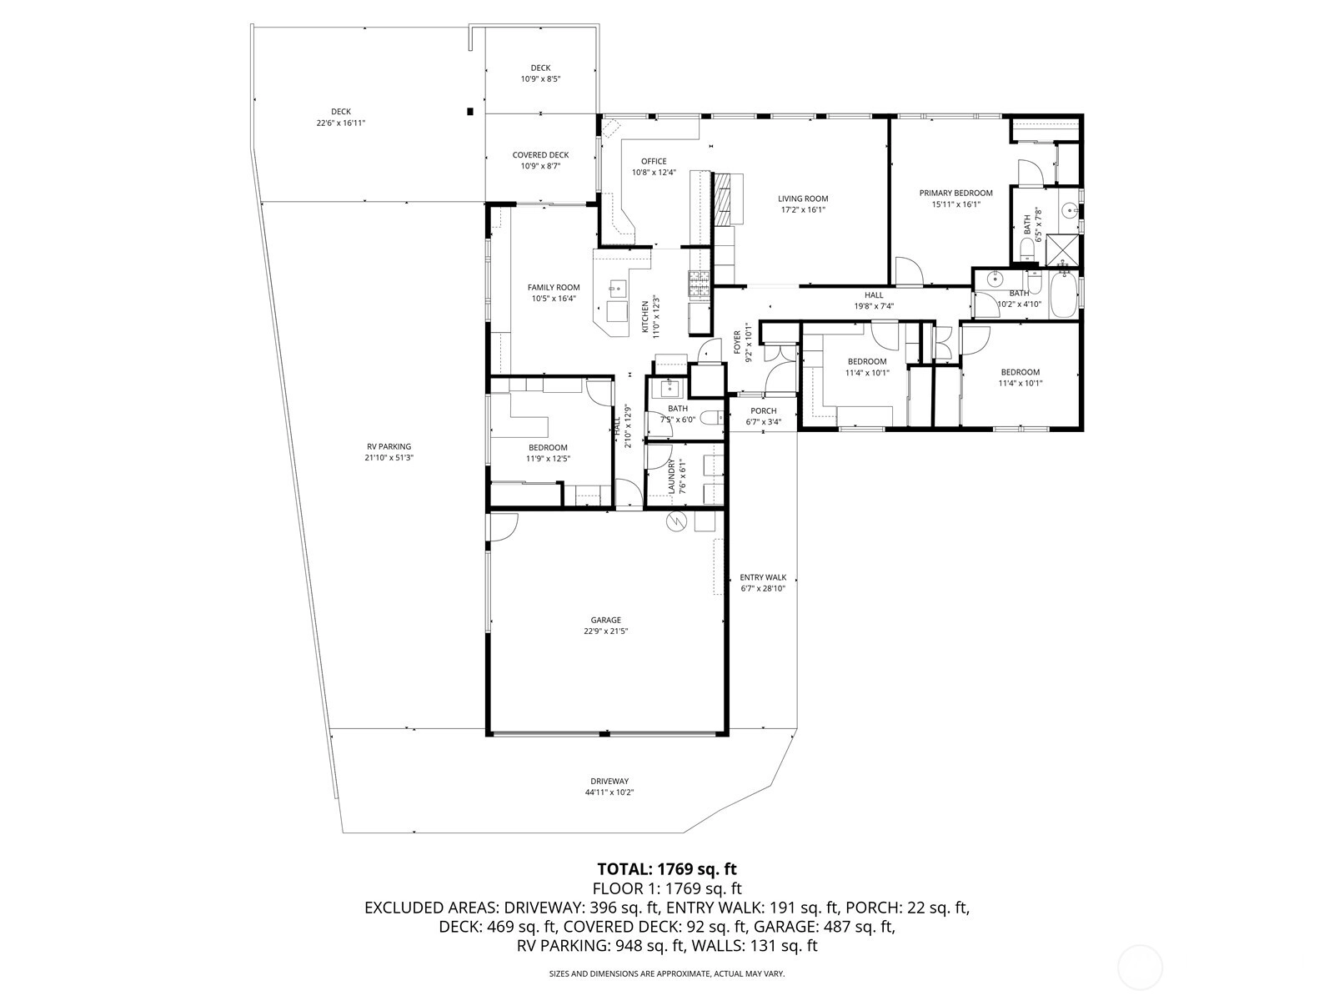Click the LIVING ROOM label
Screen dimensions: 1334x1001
(x=803, y=199)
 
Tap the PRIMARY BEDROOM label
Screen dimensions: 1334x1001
(x=956, y=194)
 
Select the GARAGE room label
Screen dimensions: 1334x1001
(x=606, y=620)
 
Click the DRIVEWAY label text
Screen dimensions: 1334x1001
(x=609, y=781)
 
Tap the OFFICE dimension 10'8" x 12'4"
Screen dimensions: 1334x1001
(x=654, y=173)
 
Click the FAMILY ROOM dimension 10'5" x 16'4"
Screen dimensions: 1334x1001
(x=554, y=299)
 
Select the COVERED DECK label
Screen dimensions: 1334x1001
(x=540, y=155)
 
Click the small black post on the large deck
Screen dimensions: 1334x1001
(x=469, y=111)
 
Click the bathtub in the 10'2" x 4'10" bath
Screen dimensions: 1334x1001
(x=1064, y=297)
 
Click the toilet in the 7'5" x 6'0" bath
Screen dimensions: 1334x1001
(x=712, y=418)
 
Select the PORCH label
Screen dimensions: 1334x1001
(x=764, y=411)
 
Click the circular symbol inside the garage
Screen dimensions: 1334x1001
(x=676, y=521)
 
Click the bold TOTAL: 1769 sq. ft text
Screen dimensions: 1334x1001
(x=667, y=869)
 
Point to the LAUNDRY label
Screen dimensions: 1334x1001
(x=672, y=476)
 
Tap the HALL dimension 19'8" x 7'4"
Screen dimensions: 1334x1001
(x=874, y=306)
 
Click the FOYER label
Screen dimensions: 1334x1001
(x=738, y=343)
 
